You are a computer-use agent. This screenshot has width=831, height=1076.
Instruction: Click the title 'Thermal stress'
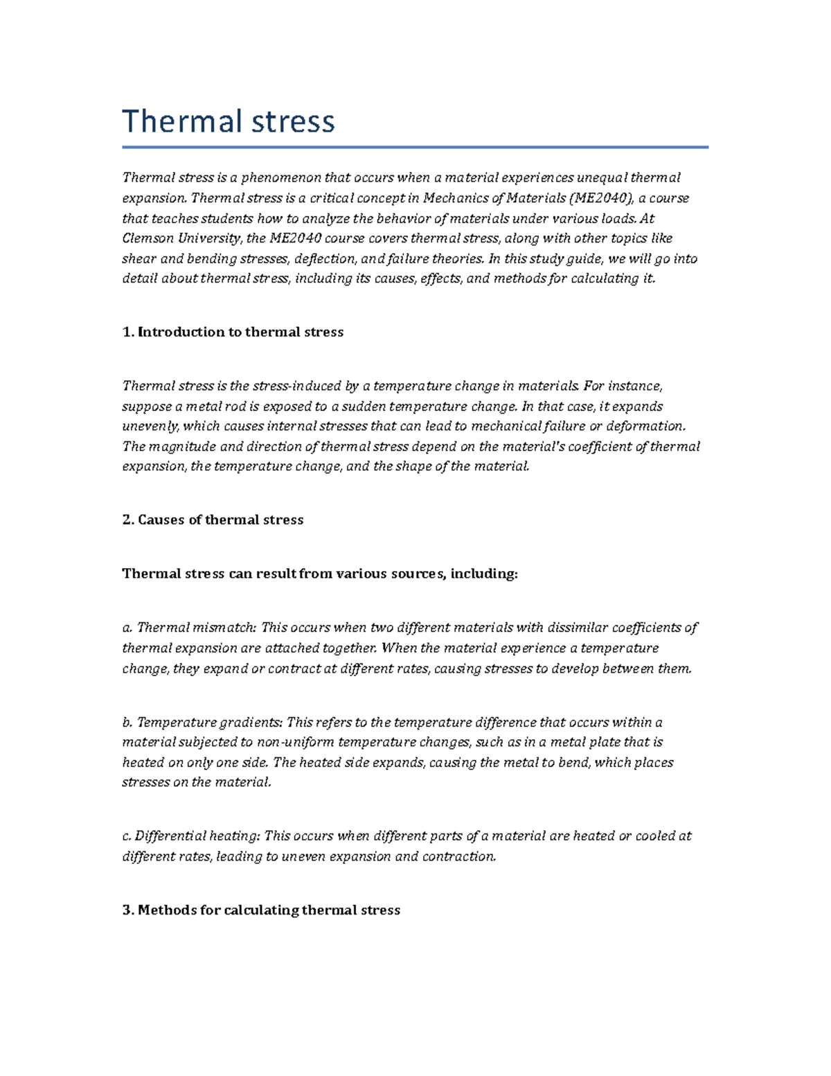pos(229,121)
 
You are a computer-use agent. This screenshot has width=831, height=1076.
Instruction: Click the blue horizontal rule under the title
pos(415,147)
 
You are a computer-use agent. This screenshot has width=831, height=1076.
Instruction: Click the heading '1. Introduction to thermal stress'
pos(233,332)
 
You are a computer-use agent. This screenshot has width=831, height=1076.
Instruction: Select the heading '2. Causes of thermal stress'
pos(213,520)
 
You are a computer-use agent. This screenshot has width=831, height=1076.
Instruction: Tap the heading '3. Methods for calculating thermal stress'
pos(261,910)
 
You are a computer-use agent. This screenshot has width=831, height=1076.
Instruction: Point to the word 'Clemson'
pos(148,238)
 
